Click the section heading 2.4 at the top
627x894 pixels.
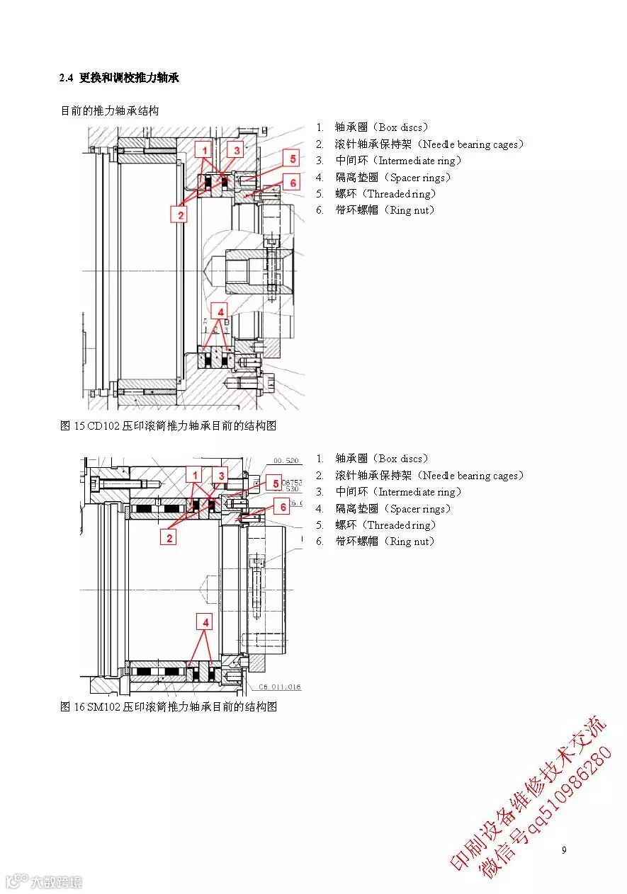(x=119, y=78)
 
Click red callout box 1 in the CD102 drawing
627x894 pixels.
(x=204, y=151)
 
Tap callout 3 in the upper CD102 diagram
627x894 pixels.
(x=237, y=149)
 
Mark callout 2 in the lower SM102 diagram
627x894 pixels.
(x=170, y=538)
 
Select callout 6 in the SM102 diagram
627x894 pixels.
(x=283, y=507)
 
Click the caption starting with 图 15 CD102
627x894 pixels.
(x=167, y=426)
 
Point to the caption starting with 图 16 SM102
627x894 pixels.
(x=168, y=707)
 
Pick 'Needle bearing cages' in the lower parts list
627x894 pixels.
(x=470, y=476)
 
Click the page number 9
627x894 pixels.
(x=564, y=850)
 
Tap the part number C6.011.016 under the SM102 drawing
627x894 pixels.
(x=280, y=687)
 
